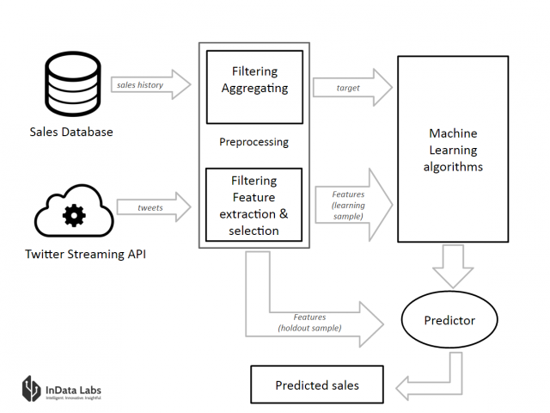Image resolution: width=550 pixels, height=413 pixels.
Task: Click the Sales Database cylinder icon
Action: (73, 84)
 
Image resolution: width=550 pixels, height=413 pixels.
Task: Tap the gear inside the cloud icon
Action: (74, 215)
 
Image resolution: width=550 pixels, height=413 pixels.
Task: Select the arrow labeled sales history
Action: (151, 84)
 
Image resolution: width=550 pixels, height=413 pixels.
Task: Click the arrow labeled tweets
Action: (154, 207)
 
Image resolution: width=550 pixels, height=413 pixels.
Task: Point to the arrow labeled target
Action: (352, 88)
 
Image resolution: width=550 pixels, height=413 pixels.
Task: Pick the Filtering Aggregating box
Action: (254, 87)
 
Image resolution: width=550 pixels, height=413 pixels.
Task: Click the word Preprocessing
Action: (254, 142)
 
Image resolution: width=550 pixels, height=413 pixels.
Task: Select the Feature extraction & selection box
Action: (254, 205)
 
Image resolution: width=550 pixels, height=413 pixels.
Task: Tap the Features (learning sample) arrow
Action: (353, 205)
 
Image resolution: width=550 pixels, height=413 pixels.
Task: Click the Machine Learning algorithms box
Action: (453, 149)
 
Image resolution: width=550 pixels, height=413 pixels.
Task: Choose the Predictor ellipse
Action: (449, 319)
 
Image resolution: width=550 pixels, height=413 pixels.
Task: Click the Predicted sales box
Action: (317, 385)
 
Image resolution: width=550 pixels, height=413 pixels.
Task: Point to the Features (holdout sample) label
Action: (309, 323)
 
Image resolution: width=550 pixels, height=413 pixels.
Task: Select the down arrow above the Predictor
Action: (453, 266)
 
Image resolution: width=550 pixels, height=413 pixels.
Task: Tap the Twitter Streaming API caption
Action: (86, 254)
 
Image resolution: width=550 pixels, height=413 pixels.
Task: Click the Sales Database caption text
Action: (71, 132)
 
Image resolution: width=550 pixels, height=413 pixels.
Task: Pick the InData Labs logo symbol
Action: (32, 388)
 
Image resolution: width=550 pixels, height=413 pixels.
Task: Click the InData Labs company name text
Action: (73, 390)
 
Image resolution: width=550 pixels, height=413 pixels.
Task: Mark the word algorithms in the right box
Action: (453, 167)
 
